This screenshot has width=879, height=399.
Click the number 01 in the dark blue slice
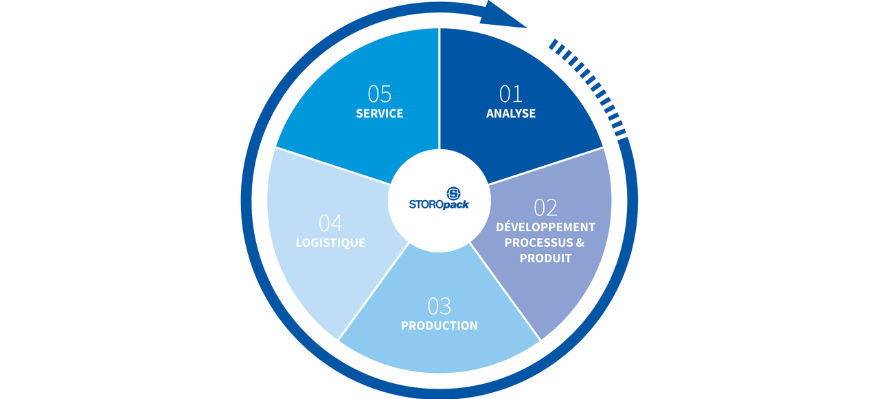[x=511, y=94]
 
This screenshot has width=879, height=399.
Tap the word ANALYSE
[x=511, y=114]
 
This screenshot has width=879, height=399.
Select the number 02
[x=545, y=207]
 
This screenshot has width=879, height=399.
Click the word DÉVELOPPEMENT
[x=546, y=226]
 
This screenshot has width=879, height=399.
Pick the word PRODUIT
[x=546, y=258]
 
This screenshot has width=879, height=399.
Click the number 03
[x=439, y=306]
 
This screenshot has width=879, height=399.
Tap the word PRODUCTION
[x=439, y=325]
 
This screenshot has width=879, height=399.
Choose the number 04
[x=330, y=224]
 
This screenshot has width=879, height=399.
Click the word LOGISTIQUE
[x=330, y=243]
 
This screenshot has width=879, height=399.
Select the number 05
[x=380, y=94]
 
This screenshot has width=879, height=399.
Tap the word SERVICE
[x=380, y=114]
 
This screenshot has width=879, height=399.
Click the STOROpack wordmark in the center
[x=439, y=204]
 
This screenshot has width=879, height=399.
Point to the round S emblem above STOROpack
[x=454, y=193]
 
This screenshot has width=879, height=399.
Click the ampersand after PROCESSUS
[x=581, y=242]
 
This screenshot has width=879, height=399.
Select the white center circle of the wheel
[x=439, y=220]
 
